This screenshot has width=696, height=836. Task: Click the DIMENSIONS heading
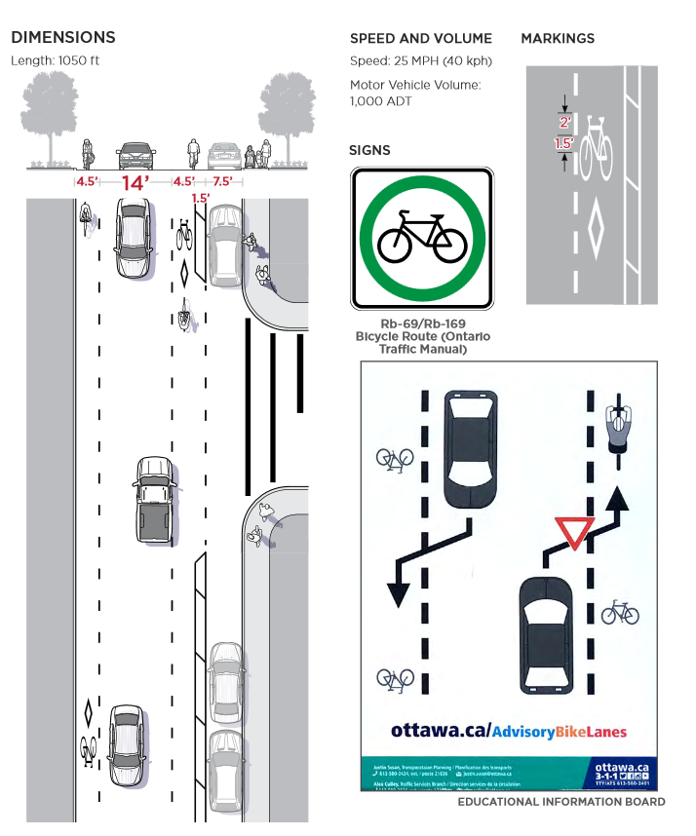tap(63, 38)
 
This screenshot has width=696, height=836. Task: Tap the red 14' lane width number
tap(135, 182)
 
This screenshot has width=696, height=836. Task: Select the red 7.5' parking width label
tap(222, 182)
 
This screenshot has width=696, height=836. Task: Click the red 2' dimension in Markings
tap(564, 123)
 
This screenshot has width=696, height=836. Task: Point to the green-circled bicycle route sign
tap(422, 236)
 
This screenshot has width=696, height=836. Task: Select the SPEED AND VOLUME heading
tap(421, 39)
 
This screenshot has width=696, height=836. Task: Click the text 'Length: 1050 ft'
tap(56, 60)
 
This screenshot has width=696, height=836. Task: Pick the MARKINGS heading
tap(558, 39)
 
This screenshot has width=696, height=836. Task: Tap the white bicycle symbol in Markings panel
tap(595, 148)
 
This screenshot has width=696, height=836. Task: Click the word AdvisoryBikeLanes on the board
tap(560, 731)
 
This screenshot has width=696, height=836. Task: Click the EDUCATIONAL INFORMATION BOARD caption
tap(561, 802)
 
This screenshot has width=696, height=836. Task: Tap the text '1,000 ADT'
tap(381, 101)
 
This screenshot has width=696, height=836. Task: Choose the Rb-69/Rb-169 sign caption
tap(422, 336)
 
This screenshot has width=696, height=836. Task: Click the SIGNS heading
tap(369, 150)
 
